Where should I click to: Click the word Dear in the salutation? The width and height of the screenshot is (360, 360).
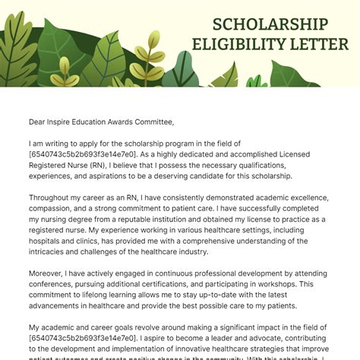tap(39, 122)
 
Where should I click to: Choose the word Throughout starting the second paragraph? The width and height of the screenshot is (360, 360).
tap(54, 197)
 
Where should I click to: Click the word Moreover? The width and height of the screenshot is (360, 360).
tap(49, 274)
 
